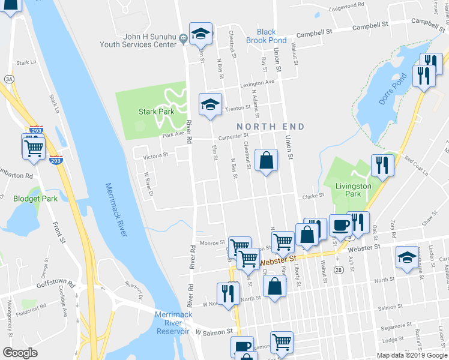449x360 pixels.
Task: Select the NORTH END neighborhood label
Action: tap(270, 127)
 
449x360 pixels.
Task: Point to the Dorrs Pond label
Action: tap(394, 89)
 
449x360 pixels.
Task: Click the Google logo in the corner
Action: tap(20, 353)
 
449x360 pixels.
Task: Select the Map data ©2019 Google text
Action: tap(412, 355)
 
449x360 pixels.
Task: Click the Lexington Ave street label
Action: tap(257, 82)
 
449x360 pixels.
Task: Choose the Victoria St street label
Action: tap(155, 155)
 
